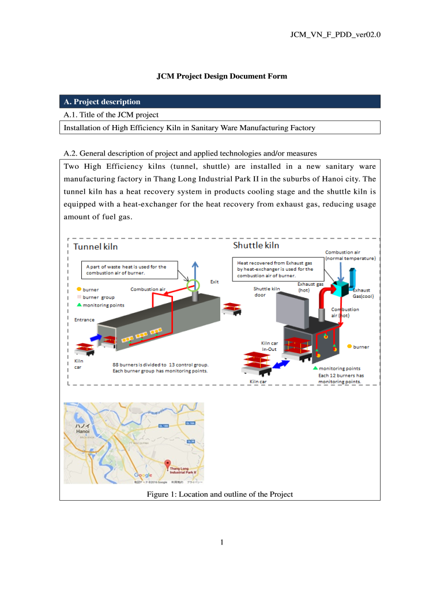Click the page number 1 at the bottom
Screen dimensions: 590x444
click(x=222, y=542)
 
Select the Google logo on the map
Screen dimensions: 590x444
click(x=143, y=475)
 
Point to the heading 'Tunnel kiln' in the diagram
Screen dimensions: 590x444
click(x=96, y=247)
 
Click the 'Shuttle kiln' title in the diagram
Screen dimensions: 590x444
click(x=256, y=245)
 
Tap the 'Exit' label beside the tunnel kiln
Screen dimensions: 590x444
click(x=215, y=282)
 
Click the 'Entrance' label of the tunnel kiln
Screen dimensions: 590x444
click(x=84, y=319)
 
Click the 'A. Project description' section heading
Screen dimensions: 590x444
click(x=101, y=102)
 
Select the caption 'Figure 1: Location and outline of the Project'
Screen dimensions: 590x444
click(x=220, y=494)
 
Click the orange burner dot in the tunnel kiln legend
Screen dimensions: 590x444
click(x=79, y=289)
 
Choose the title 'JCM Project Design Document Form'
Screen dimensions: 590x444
click(x=222, y=76)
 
